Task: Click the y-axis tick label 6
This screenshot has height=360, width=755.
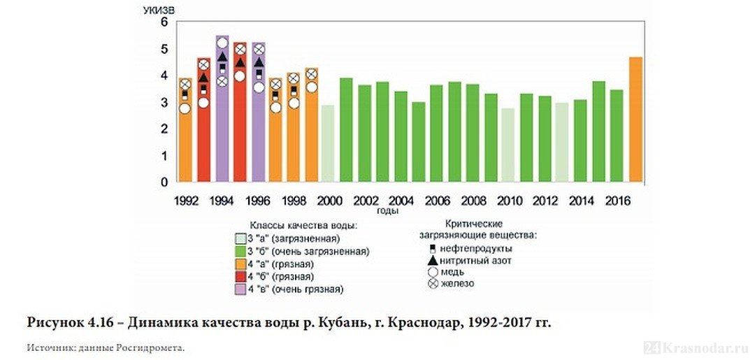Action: [x=165, y=22]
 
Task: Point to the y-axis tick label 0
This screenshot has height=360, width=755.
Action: [x=165, y=182]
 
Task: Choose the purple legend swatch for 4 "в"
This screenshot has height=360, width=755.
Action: [x=240, y=289]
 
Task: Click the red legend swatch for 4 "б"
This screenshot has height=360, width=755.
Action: [x=240, y=276]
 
